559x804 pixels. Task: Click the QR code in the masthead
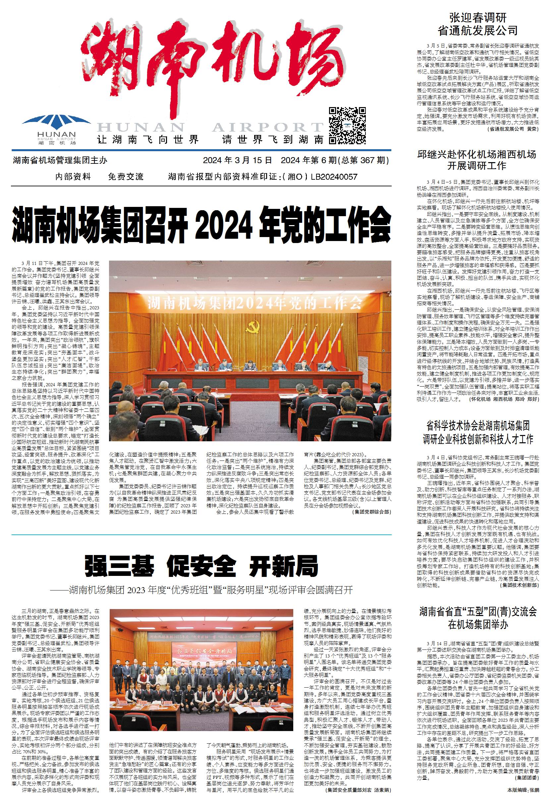click(347, 125)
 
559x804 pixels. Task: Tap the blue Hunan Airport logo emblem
click(56, 123)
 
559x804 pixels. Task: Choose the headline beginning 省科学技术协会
click(477, 432)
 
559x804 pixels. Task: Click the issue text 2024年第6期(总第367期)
click(335, 160)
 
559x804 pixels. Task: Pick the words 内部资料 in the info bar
click(73, 176)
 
